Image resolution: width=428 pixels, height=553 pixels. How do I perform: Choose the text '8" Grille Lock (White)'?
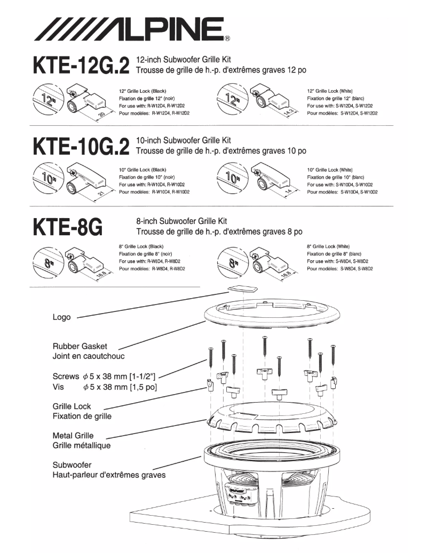point(328,246)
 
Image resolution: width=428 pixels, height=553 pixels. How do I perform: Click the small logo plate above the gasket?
point(241,288)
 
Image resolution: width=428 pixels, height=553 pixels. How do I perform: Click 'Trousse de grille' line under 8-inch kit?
point(219,232)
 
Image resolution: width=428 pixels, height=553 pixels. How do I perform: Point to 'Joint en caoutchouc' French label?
point(89,356)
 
